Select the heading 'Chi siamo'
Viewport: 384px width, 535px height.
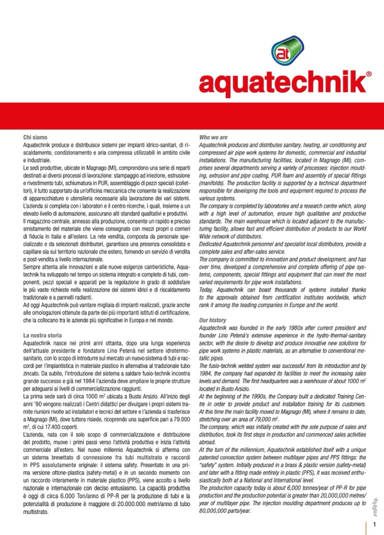(x=35, y=137)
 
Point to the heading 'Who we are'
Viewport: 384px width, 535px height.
(x=213, y=137)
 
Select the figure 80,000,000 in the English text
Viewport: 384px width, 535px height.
(x=215, y=510)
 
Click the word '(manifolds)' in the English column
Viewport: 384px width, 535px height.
(x=214, y=183)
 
